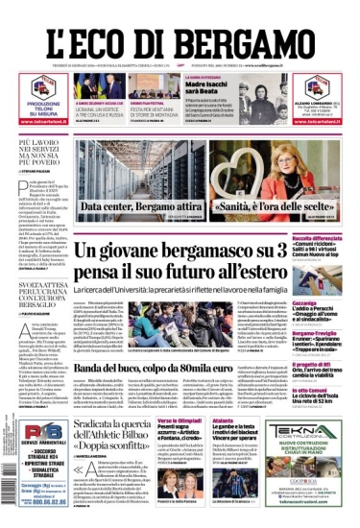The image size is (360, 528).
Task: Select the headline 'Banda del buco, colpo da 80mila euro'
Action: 175,369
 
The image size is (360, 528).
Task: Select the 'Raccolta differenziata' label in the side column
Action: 323,238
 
